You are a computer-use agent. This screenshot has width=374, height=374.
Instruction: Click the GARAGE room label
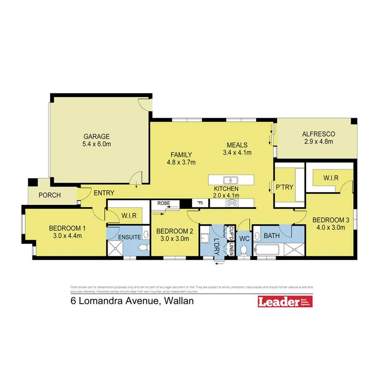pyautogui.click(x=97, y=136)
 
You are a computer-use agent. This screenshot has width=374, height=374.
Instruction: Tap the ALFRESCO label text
pyautogui.click(x=318, y=134)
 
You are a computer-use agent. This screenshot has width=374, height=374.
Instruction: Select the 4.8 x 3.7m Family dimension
pyautogui.click(x=181, y=162)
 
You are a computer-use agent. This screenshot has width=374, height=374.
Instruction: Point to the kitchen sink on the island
pyautogui.click(x=230, y=180)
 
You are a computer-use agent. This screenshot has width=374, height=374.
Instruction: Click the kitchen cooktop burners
pyautogui.click(x=231, y=203)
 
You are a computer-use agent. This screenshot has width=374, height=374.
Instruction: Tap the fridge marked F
pyautogui.click(x=199, y=203)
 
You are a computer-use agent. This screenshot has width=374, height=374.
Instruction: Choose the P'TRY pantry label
pyautogui.click(x=285, y=187)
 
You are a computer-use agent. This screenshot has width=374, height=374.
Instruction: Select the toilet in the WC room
pyautogui.click(x=244, y=250)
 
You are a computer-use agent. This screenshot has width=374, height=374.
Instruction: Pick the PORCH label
pyautogui.click(x=49, y=195)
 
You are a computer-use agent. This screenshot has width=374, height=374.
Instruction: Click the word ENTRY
pyautogui.click(x=104, y=193)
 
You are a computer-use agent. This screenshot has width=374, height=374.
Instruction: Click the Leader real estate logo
pyautogui.click(x=285, y=302)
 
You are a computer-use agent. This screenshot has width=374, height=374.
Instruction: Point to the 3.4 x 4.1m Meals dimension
pyautogui.click(x=237, y=152)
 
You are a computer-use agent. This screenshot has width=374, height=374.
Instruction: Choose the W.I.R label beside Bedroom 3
pyautogui.click(x=331, y=178)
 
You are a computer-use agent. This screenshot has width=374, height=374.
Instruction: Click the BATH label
pyautogui.click(x=272, y=236)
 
